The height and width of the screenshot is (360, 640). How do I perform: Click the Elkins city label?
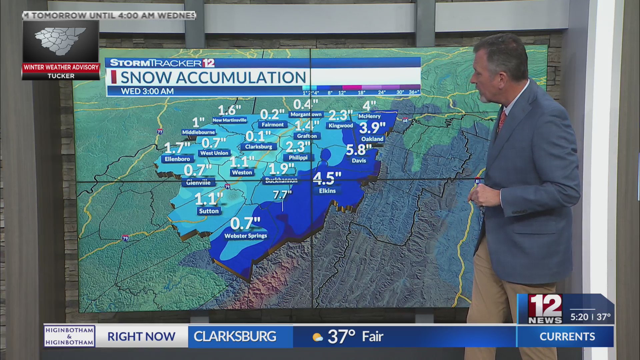[327, 191]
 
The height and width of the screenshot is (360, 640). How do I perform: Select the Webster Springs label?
[246, 236]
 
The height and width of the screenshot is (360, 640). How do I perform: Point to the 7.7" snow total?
[282, 194]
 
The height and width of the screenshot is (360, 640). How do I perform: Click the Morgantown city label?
[306, 114]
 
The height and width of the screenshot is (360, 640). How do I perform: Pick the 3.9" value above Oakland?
[372, 128]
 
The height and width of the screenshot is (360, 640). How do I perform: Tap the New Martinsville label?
[230, 120]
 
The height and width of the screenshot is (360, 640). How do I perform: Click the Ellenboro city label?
[177, 159]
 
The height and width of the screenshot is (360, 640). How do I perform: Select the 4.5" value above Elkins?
[327, 178]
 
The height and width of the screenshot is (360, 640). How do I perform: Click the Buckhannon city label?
[281, 180]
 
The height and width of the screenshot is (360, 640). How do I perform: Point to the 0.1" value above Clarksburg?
[258, 136]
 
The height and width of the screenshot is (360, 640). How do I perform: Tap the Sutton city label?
[209, 211]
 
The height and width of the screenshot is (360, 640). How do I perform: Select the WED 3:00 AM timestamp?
[147, 91]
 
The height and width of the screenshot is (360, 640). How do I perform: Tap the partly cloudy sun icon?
[317, 337]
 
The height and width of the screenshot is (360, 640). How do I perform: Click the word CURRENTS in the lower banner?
[567, 337]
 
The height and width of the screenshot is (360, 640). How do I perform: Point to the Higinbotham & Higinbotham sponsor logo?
[69, 336]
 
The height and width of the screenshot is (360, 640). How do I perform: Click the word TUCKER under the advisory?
[61, 76]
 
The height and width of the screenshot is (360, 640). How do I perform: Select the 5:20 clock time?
[579, 317]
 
